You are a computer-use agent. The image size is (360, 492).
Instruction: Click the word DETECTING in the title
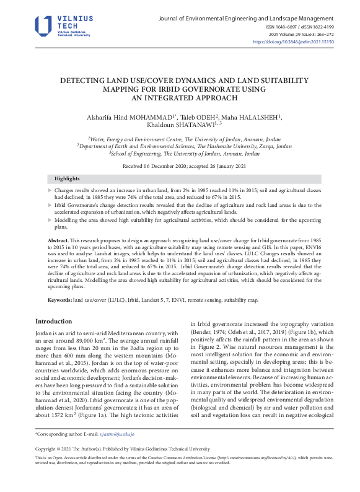coord(84,81)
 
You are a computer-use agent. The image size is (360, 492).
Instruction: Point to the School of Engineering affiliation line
coord(180,153)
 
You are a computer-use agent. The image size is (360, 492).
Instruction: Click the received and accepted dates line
coord(180,166)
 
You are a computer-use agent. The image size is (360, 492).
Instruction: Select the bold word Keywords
coord(60,299)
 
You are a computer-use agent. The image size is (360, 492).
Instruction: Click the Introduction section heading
coord(54,321)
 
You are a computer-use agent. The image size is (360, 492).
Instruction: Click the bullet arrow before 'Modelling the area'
coord(50,220)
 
